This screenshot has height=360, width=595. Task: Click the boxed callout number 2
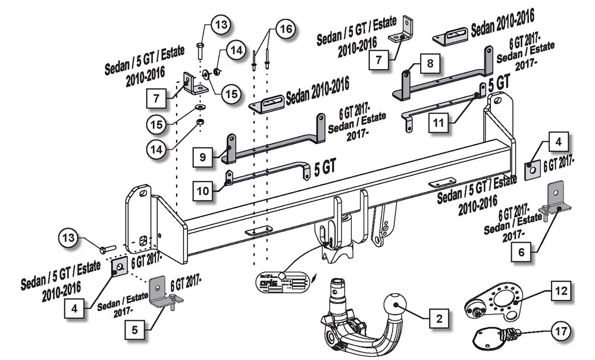pos(439,320)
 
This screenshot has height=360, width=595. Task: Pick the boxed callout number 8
pos(430,63)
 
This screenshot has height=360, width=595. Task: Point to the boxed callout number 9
pos(203,157)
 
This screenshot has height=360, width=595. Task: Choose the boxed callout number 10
pos(202,190)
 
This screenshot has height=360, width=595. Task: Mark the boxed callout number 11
pos(438,123)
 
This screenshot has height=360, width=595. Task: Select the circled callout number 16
pos(285,29)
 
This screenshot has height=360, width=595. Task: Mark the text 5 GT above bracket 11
pos(499,83)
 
